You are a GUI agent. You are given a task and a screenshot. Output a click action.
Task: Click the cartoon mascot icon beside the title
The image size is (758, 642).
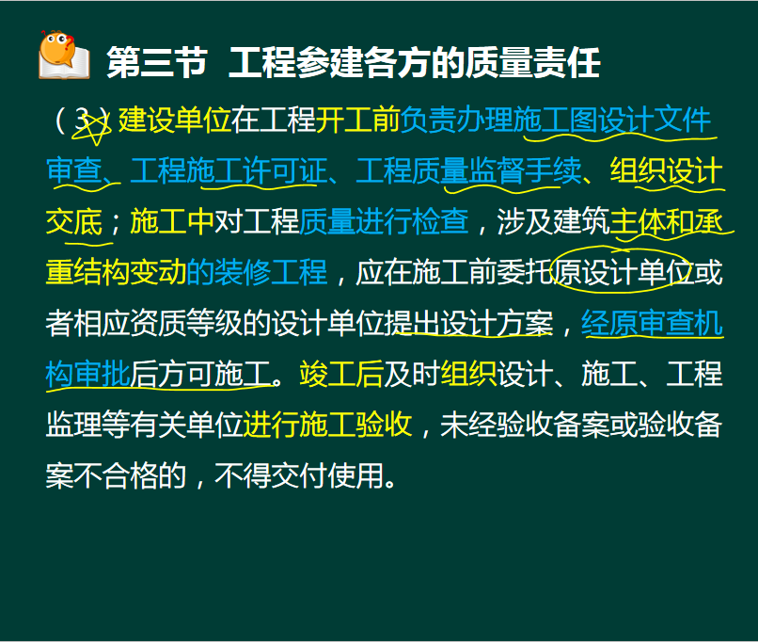point(64,55)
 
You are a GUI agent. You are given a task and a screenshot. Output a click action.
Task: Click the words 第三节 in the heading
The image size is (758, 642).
point(157,62)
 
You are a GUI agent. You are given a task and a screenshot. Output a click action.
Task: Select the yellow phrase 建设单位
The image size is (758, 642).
point(175,120)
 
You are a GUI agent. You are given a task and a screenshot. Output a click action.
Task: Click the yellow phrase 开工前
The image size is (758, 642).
point(357,120)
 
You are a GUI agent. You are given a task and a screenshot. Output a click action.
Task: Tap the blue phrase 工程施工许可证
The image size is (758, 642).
point(229,170)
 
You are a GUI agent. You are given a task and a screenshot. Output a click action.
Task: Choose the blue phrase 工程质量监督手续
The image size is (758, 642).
point(468,170)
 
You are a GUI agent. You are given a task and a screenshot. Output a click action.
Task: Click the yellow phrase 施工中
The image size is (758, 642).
point(172,221)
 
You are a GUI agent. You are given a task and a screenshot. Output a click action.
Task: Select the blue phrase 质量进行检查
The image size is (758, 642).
point(384,221)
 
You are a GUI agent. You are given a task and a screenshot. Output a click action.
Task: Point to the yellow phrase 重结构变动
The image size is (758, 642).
point(116,271)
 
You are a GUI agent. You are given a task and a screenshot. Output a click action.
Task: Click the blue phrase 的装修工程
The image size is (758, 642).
point(257,271)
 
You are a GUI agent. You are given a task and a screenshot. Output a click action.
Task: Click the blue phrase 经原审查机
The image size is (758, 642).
point(652,322)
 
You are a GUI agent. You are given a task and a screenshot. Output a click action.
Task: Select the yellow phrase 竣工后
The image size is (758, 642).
point(341,373)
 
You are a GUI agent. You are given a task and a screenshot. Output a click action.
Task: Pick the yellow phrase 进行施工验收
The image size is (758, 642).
point(327,424)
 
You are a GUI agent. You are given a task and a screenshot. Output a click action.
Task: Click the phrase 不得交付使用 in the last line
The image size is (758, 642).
point(299,474)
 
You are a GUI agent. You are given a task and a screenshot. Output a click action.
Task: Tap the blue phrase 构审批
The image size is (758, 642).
point(88,373)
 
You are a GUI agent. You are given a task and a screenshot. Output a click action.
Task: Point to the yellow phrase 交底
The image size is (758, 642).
point(74,221)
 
